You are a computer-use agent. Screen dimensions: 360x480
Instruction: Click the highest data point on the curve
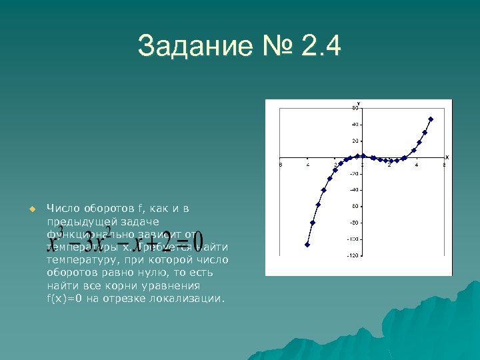(431, 119)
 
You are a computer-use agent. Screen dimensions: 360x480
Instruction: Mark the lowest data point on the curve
(307, 245)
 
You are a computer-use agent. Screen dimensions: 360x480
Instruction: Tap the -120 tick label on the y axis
(353, 255)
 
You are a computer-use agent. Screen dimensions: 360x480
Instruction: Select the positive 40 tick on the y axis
(355, 125)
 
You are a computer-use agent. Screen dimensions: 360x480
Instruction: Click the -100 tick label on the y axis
(353, 239)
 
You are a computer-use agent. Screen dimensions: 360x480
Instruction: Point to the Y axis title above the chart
(359, 103)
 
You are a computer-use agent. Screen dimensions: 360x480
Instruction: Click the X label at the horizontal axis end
(447, 157)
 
